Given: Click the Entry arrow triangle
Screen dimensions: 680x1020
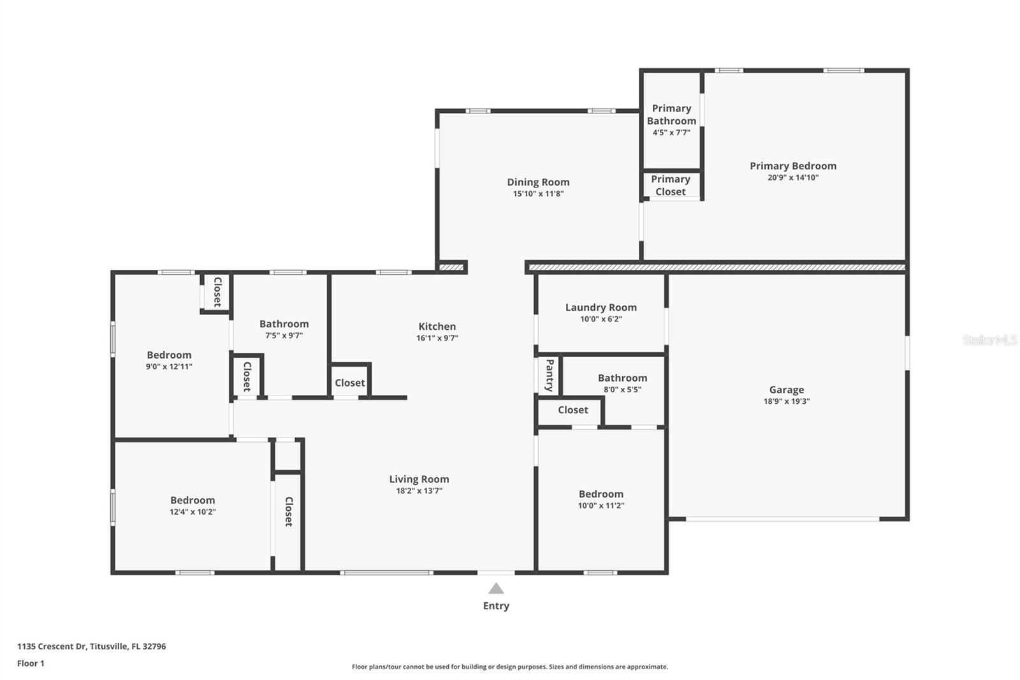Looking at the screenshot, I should pos(496,589).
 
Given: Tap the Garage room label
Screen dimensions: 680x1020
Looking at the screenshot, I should pos(786,390).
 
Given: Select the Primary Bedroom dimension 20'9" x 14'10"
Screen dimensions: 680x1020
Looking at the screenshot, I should pos(792,178).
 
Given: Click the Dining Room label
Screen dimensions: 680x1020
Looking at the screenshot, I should pos(538,182).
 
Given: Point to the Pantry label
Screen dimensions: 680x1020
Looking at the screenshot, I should pos(549,375).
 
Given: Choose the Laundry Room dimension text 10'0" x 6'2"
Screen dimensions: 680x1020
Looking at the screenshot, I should pos(601,319).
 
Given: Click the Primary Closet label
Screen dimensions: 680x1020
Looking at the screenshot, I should pos(671,186).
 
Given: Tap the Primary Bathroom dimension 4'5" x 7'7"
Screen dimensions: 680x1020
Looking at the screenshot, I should pos(671,133).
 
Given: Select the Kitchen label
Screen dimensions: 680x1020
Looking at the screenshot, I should pos(437,327).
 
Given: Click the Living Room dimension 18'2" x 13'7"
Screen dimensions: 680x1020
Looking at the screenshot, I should pos(419,491).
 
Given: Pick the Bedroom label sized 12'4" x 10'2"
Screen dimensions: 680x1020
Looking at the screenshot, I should pos(192,501).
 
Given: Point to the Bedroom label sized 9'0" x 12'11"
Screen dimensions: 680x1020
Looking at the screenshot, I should pos(169,355).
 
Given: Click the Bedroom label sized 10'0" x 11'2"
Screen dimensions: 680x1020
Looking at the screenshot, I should pos(601,494).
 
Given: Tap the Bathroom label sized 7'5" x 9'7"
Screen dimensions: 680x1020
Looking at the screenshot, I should pos(284,324).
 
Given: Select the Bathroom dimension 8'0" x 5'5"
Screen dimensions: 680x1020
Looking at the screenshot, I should pos(622,390).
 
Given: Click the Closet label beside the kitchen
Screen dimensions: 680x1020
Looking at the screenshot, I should pos(350,383).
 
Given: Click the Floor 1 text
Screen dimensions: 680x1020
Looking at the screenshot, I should pos(31,663).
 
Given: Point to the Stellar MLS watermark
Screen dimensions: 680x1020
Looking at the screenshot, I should pos(989,340).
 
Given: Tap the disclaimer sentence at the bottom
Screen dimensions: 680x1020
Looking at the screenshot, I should pos(510,667).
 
